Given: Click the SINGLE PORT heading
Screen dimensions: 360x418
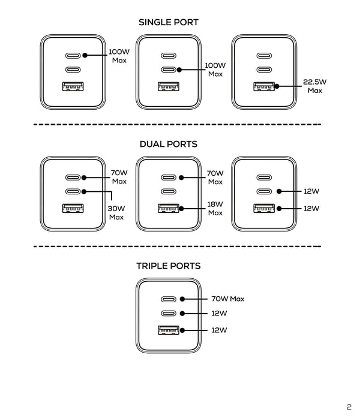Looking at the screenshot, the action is [x=169, y=22].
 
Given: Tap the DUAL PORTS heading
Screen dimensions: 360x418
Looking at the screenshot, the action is [x=169, y=144].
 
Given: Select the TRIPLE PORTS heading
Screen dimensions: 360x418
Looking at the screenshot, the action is [x=169, y=266].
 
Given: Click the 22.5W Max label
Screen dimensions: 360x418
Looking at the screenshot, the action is [x=314, y=86].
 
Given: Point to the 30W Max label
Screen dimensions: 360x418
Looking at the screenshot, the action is [x=116, y=213].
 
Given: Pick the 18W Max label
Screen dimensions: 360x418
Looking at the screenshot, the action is [x=215, y=209].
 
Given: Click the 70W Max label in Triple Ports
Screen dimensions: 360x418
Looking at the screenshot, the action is [x=228, y=299].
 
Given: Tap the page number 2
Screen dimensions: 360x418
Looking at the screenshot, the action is [x=349, y=407].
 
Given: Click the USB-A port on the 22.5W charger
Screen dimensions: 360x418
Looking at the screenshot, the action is [x=264, y=86].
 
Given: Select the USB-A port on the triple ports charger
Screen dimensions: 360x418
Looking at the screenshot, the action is [x=169, y=330].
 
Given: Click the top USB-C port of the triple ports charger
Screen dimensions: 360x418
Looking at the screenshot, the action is [x=169, y=299].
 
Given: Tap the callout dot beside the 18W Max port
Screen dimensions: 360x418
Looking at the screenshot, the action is [x=181, y=209].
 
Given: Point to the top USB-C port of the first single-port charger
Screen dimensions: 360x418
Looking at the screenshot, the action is [x=73, y=55].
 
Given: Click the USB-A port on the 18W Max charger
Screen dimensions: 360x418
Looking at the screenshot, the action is [x=169, y=208].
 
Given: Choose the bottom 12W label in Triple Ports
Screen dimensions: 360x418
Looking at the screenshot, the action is [x=219, y=330].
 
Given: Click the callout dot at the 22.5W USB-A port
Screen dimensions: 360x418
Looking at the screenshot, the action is [x=277, y=86].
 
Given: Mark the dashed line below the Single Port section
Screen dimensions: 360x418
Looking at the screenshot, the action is [x=177, y=125].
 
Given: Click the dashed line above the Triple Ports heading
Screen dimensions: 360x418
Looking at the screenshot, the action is [x=177, y=246].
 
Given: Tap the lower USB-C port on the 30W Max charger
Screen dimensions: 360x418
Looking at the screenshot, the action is [x=73, y=191].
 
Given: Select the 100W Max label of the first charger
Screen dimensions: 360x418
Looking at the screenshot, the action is [x=119, y=56].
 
